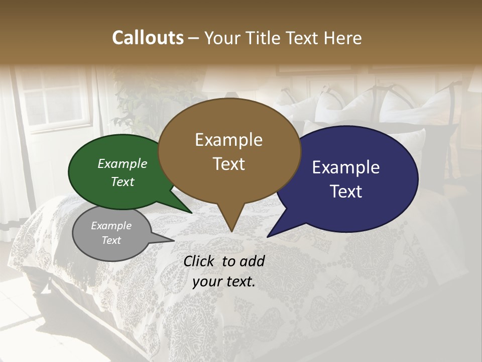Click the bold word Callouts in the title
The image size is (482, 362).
(x=148, y=38)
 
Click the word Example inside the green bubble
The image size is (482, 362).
(x=123, y=164)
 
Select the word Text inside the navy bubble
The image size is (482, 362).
(x=346, y=191)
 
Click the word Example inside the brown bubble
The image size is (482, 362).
(x=228, y=140)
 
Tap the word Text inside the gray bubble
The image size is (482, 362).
(x=111, y=240)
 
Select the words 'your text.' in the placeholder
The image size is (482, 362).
(x=224, y=282)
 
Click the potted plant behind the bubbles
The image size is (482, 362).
(x=146, y=106)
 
